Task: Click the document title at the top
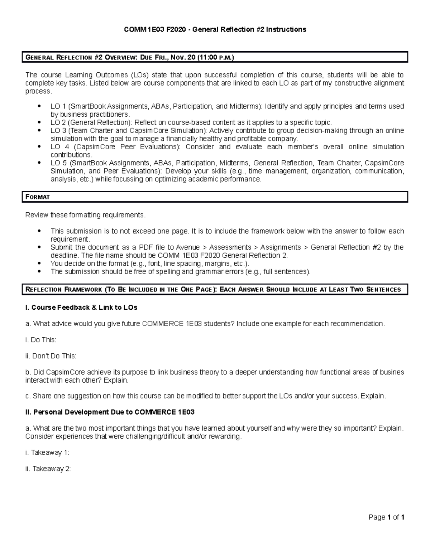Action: (x=215, y=29)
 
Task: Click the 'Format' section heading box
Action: (x=215, y=197)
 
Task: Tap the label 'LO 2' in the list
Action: (x=58, y=122)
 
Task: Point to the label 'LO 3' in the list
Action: (x=58, y=131)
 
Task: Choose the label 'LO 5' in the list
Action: (x=58, y=163)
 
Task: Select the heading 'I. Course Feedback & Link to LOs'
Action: (x=81, y=307)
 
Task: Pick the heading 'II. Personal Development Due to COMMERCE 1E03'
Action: (x=110, y=412)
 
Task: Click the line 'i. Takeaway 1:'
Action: (x=47, y=453)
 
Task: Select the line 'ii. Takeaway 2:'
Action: (x=48, y=469)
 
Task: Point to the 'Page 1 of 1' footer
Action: (x=387, y=517)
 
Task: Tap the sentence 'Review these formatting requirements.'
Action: (x=86, y=215)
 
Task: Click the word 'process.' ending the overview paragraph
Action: (x=38, y=91)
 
